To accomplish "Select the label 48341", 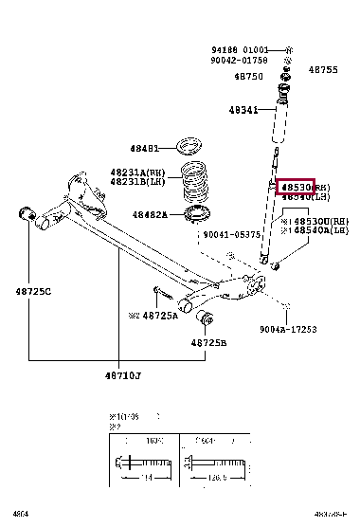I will tap(242, 110).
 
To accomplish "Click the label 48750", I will tap(249, 75).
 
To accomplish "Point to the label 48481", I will tap(145, 149).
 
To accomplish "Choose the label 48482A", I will tap(149, 215).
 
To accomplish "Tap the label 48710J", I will tap(120, 377).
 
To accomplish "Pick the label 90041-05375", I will tap(231, 234).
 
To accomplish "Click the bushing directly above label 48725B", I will tap(209, 316).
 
